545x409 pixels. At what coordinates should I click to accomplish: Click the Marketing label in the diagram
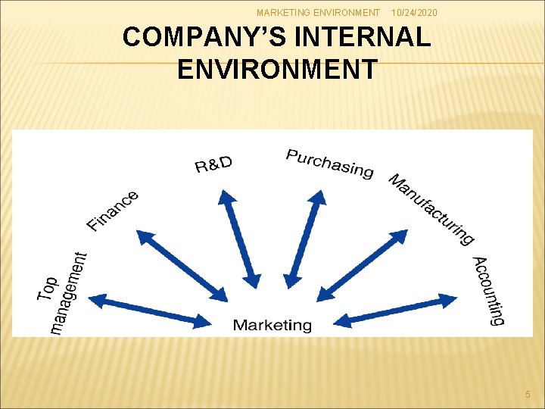[272, 326]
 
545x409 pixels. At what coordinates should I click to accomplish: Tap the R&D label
[214, 164]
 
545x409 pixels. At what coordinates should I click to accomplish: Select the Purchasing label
[329, 163]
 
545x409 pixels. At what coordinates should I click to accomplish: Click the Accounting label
[489, 291]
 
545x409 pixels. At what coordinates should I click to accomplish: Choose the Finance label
[113, 211]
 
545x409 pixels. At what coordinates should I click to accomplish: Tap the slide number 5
[528, 394]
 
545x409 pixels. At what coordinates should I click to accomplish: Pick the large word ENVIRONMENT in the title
[276, 69]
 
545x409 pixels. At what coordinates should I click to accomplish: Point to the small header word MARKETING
[283, 13]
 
